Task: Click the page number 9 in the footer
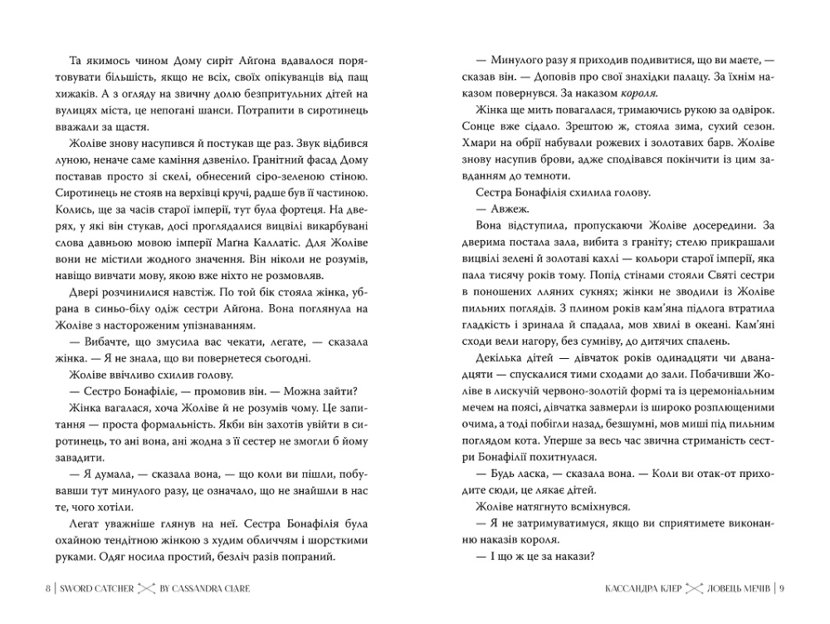pos(782,589)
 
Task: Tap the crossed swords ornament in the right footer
pos(695,589)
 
